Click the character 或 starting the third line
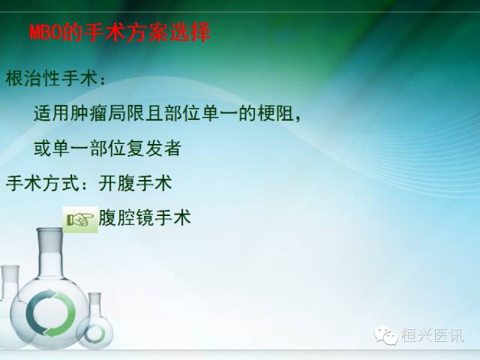(43, 148)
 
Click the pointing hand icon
(80, 219)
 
